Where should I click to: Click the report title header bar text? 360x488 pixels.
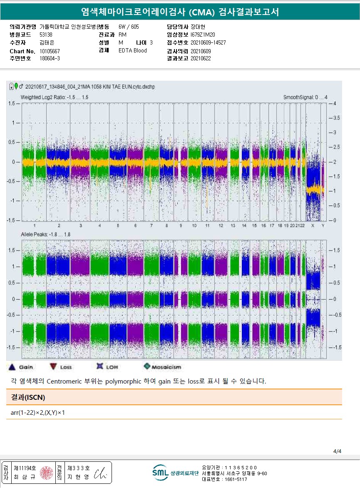180,12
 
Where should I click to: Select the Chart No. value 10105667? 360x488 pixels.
50,51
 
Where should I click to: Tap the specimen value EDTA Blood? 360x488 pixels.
132,51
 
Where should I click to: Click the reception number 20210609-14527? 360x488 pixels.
208,42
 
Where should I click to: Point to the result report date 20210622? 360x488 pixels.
201,58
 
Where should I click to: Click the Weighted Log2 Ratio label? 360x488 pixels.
54,97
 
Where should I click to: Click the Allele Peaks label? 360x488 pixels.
45,235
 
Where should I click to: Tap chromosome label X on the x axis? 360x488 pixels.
313,225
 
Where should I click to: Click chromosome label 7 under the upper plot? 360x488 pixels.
151,225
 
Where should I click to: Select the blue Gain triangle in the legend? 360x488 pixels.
12,367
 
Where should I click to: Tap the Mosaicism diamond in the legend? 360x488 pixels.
146,367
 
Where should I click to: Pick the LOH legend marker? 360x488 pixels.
99,367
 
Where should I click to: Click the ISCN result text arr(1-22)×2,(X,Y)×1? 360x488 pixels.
38,413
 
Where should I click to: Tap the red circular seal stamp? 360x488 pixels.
46,473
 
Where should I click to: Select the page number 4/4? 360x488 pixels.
337,451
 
